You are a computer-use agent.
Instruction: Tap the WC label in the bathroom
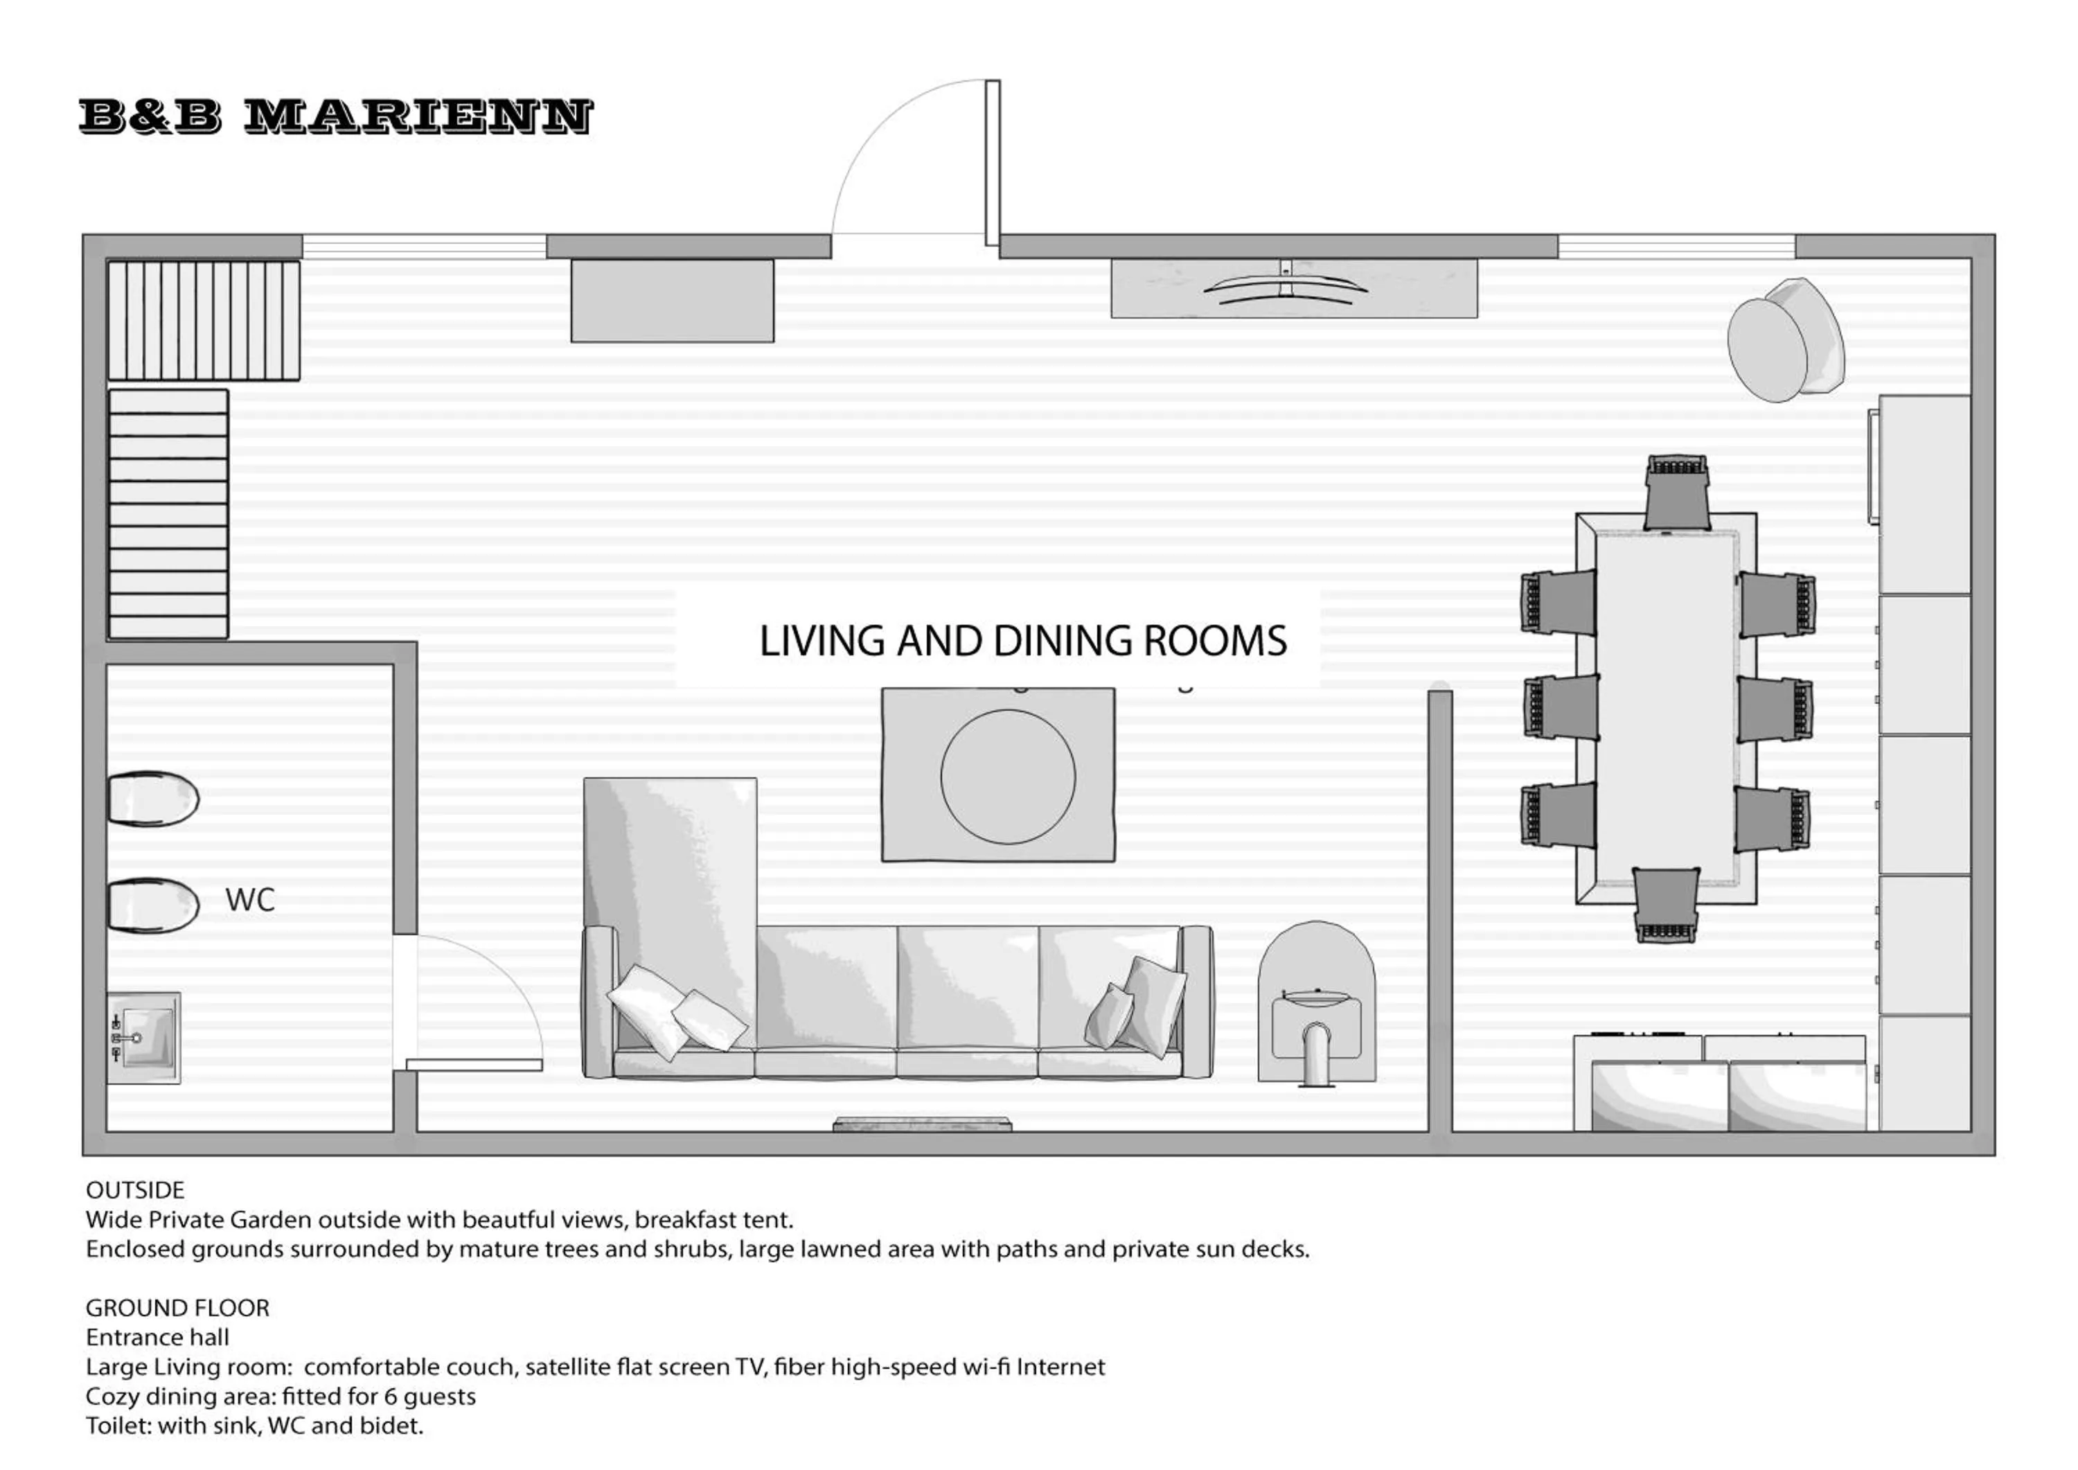(x=250, y=900)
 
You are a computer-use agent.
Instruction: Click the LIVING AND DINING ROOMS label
(x=1022, y=641)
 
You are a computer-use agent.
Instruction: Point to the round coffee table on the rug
(x=1007, y=777)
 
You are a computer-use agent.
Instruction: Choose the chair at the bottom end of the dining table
(x=1666, y=904)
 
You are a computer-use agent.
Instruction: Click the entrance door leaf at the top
(x=992, y=163)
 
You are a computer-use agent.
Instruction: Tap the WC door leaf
(x=473, y=1065)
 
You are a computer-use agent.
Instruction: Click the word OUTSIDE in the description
(x=135, y=1190)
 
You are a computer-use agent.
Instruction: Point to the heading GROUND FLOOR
(x=177, y=1308)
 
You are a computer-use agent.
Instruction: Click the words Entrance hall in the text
(x=157, y=1337)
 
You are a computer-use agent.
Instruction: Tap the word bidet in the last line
(x=395, y=1426)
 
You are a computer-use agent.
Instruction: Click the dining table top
(x=1665, y=708)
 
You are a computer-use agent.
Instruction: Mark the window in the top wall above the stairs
(x=423, y=246)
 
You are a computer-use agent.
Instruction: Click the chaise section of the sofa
(x=670, y=860)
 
